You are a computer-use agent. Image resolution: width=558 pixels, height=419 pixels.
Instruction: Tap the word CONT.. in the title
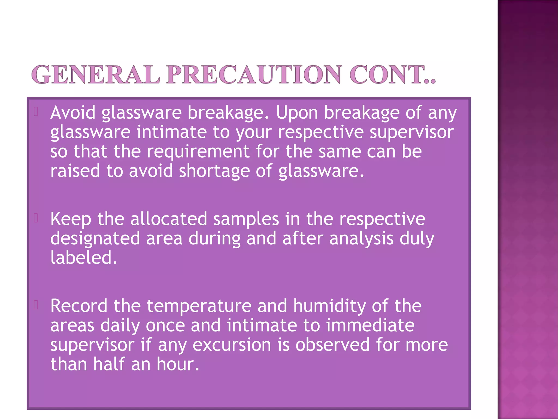(393, 74)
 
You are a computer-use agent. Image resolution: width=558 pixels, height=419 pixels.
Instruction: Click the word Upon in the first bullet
(297, 113)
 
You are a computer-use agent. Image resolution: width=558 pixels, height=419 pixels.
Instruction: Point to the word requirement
(198, 151)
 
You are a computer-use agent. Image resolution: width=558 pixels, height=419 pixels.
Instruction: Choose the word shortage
(214, 171)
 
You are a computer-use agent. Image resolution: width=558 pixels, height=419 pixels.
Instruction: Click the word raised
(75, 171)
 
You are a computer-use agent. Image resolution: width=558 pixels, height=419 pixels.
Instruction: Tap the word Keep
(71, 219)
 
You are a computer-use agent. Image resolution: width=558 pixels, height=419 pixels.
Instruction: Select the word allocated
(169, 219)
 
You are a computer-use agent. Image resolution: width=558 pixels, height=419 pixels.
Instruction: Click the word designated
(95, 239)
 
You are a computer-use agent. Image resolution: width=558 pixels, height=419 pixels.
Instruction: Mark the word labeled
(84, 258)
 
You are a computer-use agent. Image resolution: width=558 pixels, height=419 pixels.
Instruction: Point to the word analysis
(361, 239)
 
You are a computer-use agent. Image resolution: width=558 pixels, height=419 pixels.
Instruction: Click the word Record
(79, 306)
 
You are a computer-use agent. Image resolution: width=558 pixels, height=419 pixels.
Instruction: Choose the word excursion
(232, 345)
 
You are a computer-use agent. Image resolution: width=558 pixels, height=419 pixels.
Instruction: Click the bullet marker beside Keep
(36, 218)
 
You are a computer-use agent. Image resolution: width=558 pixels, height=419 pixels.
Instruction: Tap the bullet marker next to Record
(36, 305)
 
